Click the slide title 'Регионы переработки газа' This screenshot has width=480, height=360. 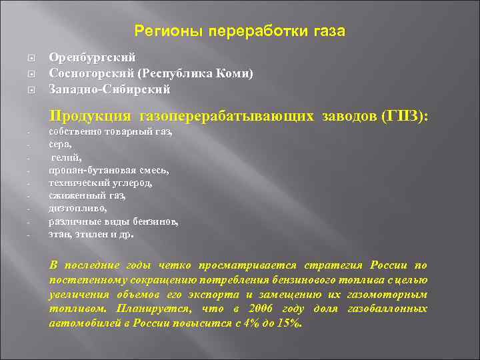pos(240,31)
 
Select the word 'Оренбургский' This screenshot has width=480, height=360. pos(93,59)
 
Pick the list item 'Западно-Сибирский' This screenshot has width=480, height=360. pos(110,88)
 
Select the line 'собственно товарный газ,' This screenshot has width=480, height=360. pos(111,132)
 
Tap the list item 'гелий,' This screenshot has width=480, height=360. pos(65,157)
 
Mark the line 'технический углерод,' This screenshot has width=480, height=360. pos(101,183)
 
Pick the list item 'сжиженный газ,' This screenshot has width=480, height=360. pos(87,195)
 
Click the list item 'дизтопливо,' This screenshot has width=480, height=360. pos(78,209)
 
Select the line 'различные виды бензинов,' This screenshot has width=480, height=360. pos(114,221)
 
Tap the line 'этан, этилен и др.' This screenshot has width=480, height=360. pos(91,235)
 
